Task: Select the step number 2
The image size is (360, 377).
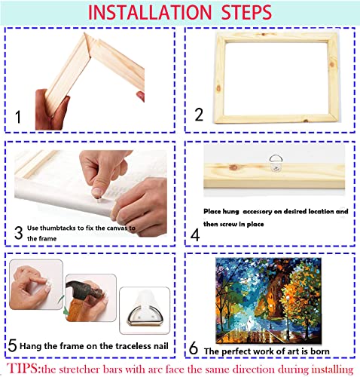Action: [x=199, y=115]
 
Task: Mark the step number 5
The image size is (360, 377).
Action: [x=13, y=346]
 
